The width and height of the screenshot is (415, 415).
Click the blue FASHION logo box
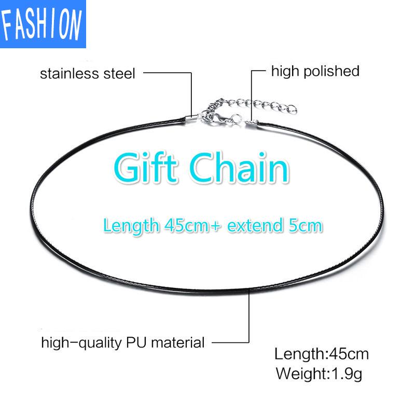[x=43, y=24]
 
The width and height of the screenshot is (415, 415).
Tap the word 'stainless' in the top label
[x=70, y=74]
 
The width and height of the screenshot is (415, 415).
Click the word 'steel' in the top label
[x=119, y=74]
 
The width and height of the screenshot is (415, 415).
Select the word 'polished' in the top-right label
[x=331, y=72]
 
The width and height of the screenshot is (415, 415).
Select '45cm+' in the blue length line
[x=192, y=226]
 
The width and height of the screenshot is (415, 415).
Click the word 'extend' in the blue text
[x=255, y=226]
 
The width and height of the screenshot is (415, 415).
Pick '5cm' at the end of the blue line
[x=306, y=226]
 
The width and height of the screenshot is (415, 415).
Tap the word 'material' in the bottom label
[x=177, y=342]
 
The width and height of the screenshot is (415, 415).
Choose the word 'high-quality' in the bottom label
[x=81, y=343]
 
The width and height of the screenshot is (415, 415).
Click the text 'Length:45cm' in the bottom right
[x=322, y=354]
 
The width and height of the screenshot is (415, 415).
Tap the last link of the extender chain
[x=291, y=109]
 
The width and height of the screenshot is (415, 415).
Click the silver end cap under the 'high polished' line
[x=252, y=122]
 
